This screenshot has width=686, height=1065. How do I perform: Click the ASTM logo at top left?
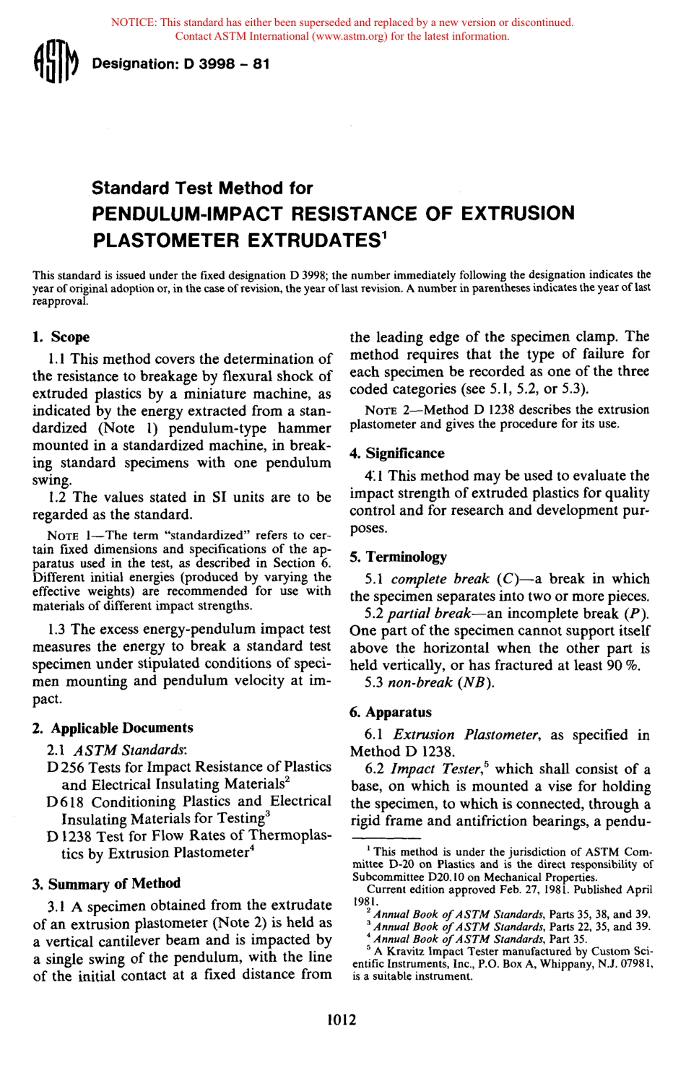[55, 64]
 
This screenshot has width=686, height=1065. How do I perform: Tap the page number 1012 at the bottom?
[342, 1020]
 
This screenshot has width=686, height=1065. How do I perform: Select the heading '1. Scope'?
[61, 337]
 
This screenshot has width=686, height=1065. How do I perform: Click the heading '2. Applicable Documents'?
[113, 728]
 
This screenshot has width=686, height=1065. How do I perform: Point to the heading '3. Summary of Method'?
[106, 884]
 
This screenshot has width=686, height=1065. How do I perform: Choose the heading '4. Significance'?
[397, 453]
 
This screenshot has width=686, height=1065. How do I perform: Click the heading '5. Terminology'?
[398, 557]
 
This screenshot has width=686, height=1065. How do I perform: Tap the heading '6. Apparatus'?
[391, 713]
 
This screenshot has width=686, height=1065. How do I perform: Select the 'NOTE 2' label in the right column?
[388, 410]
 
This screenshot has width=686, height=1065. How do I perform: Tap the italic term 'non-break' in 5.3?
[420, 682]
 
